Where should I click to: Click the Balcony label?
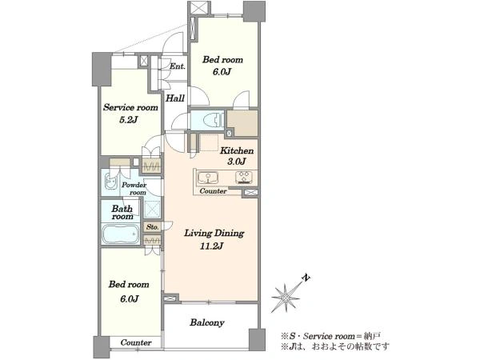[x=207, y=322]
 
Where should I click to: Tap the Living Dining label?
[x=214, y=234]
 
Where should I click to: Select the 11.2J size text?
[x=211, y=246]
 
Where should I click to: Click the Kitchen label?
[x=237, y=150]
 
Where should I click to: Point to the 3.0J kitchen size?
[x=237, y=162]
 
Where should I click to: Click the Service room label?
[x=130, y=107]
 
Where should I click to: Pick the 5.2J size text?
[x=128, y=120]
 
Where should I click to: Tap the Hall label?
[x=175, y=98]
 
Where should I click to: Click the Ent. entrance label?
[x=178, y=66]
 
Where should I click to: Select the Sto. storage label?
[x=152, y=227]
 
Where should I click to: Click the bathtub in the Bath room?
[x=120, y=234]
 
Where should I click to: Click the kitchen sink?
[x=208, y=178]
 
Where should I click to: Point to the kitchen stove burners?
[x=244, y=178]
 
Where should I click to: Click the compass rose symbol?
[x=286, y=298]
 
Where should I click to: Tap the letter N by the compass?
[x=306, y=278]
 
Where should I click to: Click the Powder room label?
[x=134, y=189]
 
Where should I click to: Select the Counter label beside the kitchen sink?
[x=213, y=191]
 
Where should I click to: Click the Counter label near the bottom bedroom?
[x=136, y=342]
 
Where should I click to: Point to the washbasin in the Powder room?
[x=111, y=182]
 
